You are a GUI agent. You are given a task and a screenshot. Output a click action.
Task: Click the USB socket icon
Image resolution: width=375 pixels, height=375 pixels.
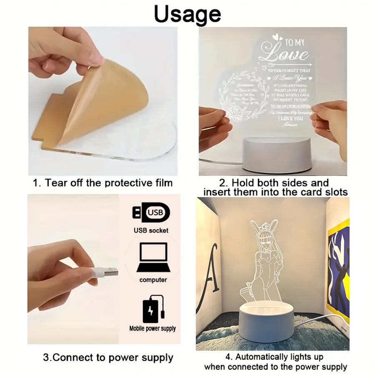(x=151, y=213)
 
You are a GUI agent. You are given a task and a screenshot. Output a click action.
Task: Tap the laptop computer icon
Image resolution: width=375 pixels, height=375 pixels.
(x=152, y=257)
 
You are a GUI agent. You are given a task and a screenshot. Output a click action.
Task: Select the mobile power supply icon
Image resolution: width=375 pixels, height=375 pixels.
(x=152, y=309)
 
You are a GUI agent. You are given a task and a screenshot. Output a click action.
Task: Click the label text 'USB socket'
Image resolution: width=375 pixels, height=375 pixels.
(x=151, y=230)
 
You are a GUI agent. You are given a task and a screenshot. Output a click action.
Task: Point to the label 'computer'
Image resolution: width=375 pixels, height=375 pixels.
(x=153, y=280)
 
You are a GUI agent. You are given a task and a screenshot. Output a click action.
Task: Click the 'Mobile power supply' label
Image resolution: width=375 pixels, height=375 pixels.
(x=152, y=328)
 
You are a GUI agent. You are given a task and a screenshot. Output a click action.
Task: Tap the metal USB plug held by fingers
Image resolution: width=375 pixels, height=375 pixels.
(x=109, y=272)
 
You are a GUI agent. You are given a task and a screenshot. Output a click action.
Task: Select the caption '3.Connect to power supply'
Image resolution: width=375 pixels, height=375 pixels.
(x=108, y=357)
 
